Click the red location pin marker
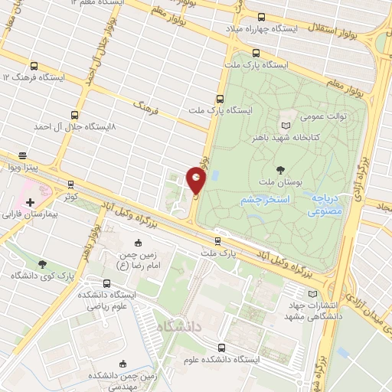[x=197, y=181]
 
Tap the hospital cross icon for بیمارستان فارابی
[x=30, y=203]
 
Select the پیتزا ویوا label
[x=23, y=166]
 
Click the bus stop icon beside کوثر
[x=70, y=185]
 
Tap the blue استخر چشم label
[x=263, y=199]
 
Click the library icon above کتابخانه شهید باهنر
[x=286, y=125]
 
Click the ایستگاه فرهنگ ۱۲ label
[x=34, y=77]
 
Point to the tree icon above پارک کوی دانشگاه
[x=34, y=262]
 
